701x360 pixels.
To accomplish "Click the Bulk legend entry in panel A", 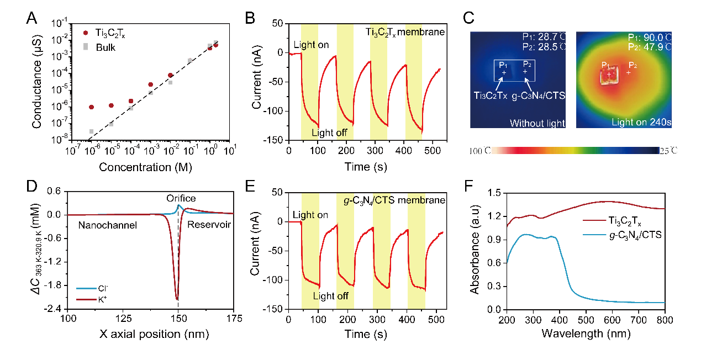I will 105,47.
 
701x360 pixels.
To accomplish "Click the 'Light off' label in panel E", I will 330,296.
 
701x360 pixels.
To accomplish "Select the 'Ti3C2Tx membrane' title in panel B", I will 405,32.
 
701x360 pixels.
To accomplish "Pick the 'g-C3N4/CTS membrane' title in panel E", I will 391,199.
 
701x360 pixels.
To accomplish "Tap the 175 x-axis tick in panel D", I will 234,319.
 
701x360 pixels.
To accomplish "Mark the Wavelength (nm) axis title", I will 586,334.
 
